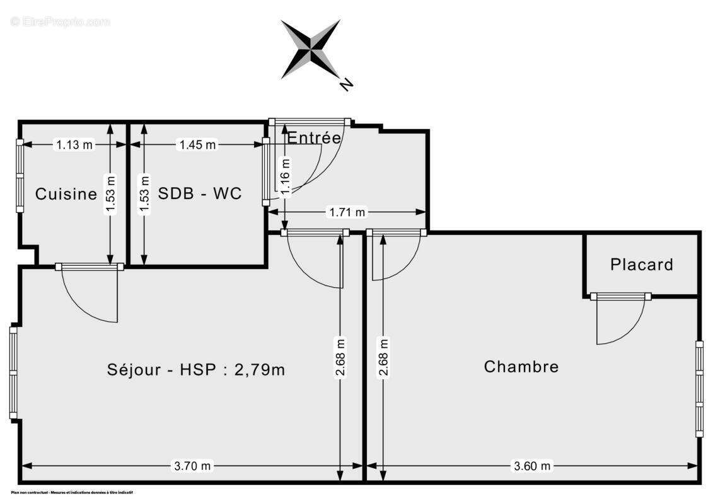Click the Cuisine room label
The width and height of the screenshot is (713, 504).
tap(66, 194)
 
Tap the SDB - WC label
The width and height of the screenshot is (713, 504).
tap(199, 193)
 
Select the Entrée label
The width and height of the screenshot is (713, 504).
tap(314, 137)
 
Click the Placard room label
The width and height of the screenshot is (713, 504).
tap(641, 265)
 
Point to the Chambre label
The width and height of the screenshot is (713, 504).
tap(521, 367)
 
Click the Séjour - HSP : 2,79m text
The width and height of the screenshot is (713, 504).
tap(196, 370)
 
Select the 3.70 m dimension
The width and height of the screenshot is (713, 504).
tap(193, 466)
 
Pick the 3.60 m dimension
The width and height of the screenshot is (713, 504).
tap(532, 466)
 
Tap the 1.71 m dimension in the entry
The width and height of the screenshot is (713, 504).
tap(347, 212)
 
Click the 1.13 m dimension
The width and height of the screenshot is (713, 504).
tap(74, 145)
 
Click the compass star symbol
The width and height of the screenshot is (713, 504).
tap(310, 49)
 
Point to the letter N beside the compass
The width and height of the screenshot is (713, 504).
tap(345, 83)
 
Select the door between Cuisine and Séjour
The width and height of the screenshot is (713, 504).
tap(90, 267)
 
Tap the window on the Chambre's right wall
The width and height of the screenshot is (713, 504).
tap(699, 389)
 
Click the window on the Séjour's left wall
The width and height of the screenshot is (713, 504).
tap(13, 372)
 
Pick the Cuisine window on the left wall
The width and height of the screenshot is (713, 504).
tap(20, 176)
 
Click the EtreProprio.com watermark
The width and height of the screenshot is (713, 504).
tap(60, 22)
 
